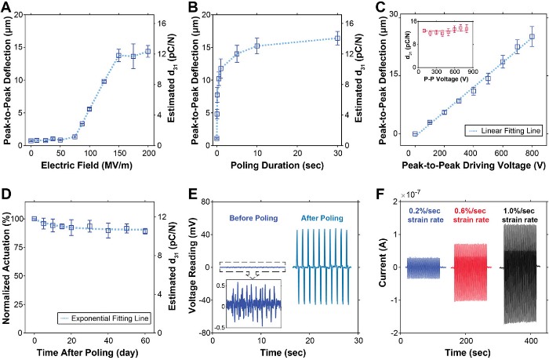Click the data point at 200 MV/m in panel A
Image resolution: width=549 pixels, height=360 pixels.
coord(148,51)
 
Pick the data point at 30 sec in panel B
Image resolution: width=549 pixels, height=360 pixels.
coord(337,38)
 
